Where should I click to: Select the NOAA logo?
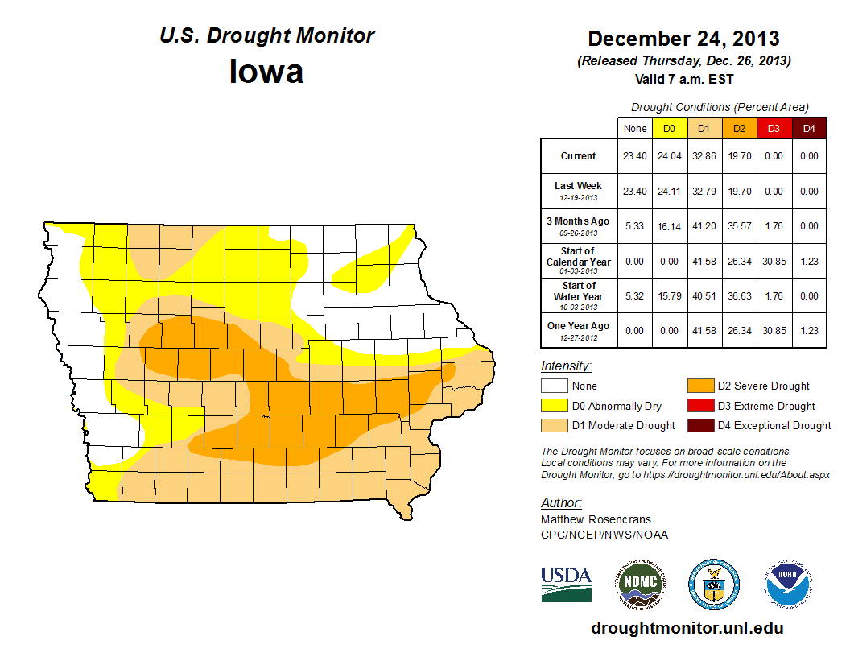pos(788,583)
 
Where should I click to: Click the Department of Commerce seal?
pos(713,583)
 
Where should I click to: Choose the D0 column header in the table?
pos(669,129)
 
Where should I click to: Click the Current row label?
pos(579,156)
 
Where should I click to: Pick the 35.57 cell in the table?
pos(738,226)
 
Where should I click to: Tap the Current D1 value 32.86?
pos(704,156)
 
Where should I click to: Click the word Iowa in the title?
pos(266,72)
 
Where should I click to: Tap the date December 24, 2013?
pos(683,38)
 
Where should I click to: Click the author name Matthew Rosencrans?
pos(596,519)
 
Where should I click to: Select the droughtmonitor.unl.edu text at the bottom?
pos(687,628)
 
